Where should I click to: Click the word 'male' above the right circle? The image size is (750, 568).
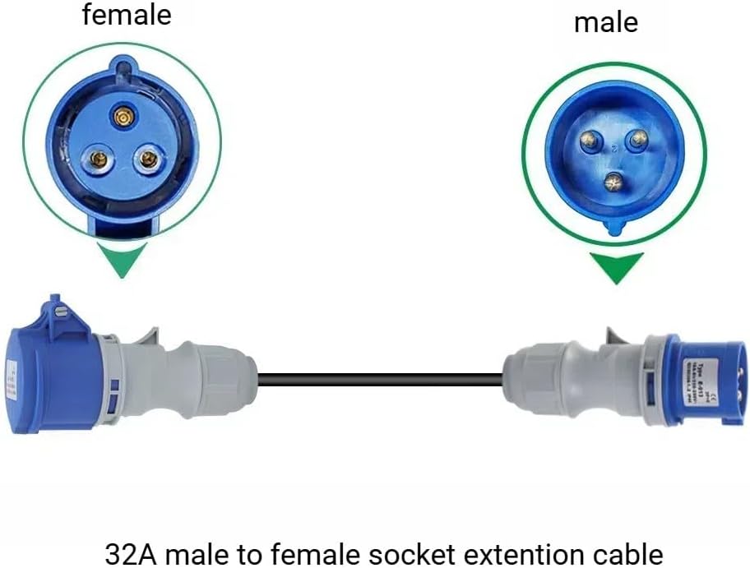tap(605, 22)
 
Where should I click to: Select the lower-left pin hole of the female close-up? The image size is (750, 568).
tap(97, 158)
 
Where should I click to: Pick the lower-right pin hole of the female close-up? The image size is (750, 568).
tap(148, 158)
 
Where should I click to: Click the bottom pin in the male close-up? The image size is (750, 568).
tap(613, 182)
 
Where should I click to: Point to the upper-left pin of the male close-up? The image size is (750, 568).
tap(589, 142)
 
